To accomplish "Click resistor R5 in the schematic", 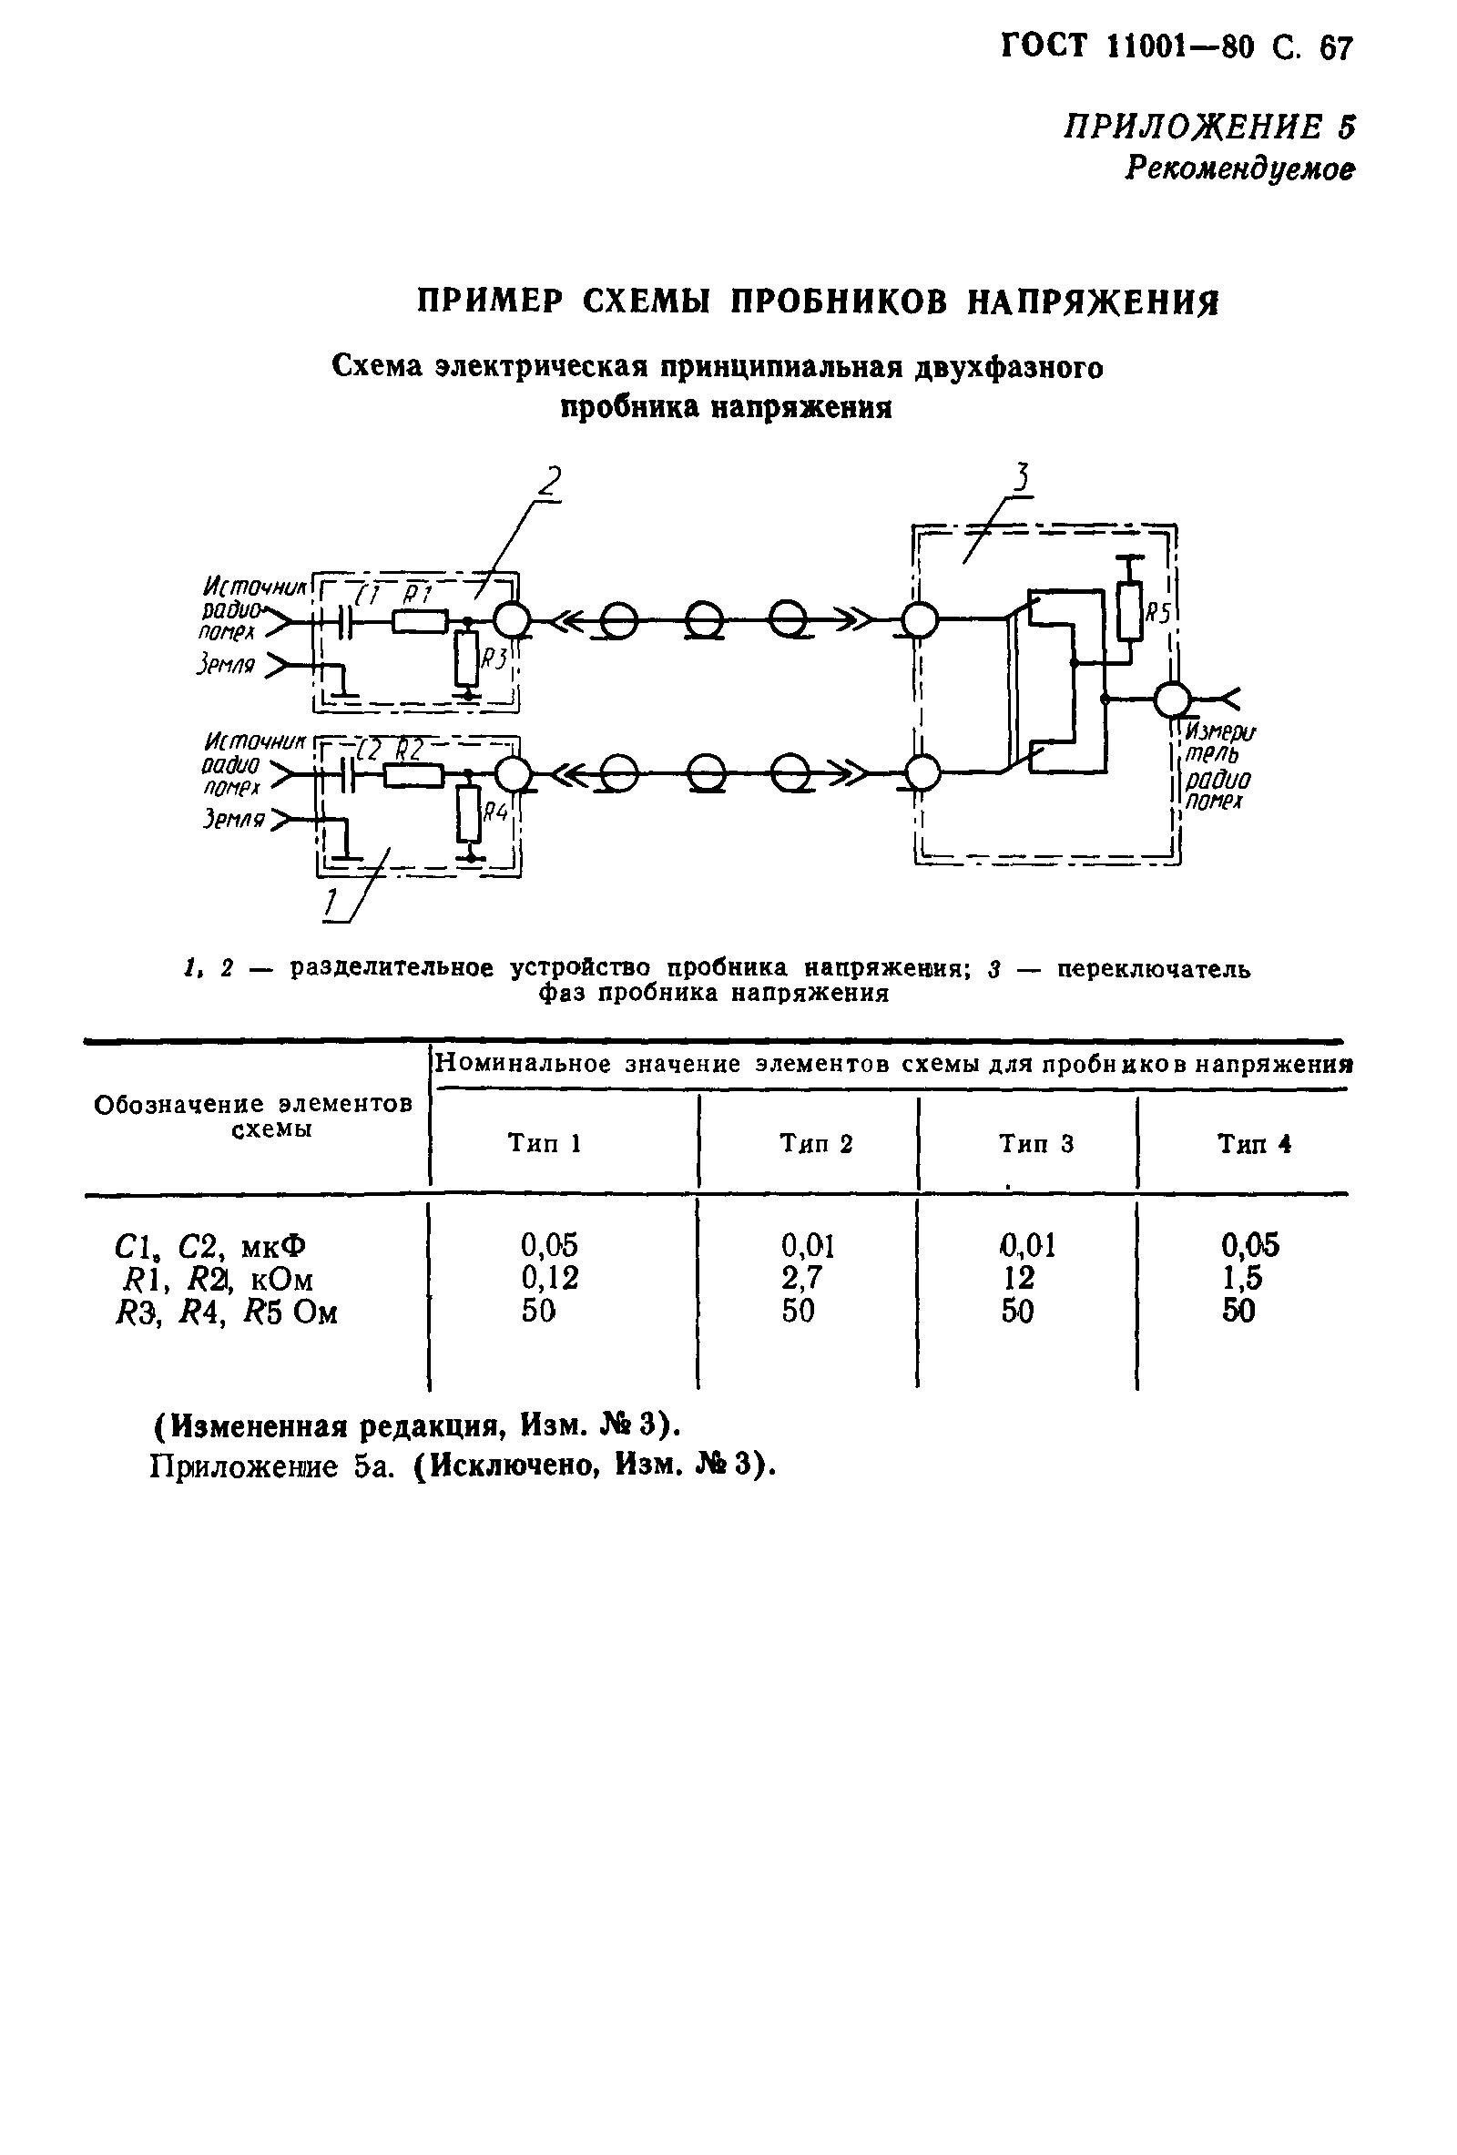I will click(x=1128, y=612).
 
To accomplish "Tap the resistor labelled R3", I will click(x=466, y=659).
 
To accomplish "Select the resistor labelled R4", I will click(x=470, y=813).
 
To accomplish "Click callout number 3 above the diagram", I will click(x=1021, y=477).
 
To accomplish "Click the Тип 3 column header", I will click(x=1035, y=1143).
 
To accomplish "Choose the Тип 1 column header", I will click(x=544, y=1142).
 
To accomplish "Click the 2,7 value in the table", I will click(x=802, y=1278).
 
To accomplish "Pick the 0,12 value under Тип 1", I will click(x=549, y=1278).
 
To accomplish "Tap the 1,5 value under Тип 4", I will click(x=1243, y=1278).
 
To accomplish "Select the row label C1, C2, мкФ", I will click(x=210, y=1245).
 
